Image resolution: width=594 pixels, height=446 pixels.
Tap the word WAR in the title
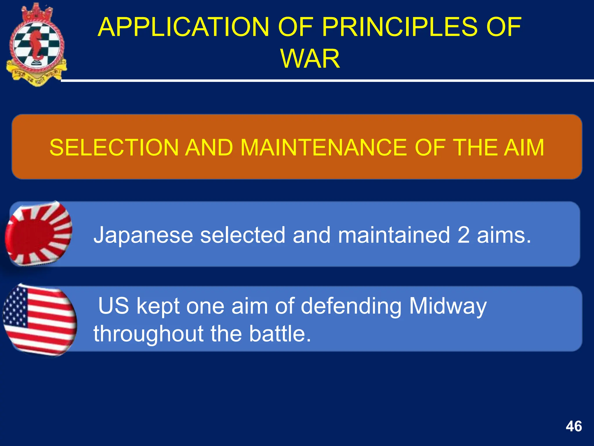coord(310,59)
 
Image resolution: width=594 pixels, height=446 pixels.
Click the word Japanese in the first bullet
coord(143,235)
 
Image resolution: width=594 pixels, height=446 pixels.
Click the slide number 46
coord(573,427)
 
